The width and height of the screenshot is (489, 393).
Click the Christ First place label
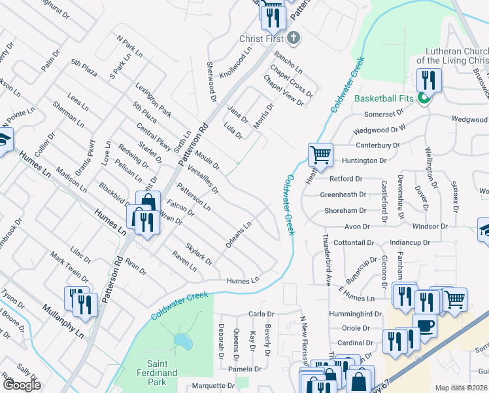pyautogui.click(x=261, y=39)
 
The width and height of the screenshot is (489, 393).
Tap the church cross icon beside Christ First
pyautogui.click(x=294, y=38)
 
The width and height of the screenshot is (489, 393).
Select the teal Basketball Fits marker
pyautogui.click(x=424, y=99)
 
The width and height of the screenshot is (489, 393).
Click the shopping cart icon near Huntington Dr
pyautogui.click(x=320, y=155)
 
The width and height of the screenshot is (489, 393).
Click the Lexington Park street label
pyautogui.click(x=153, y=100)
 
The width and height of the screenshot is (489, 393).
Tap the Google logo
pyautogui.click(x=22, y=385)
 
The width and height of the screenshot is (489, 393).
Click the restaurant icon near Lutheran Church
pyautogui.click(x=429, y=80)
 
